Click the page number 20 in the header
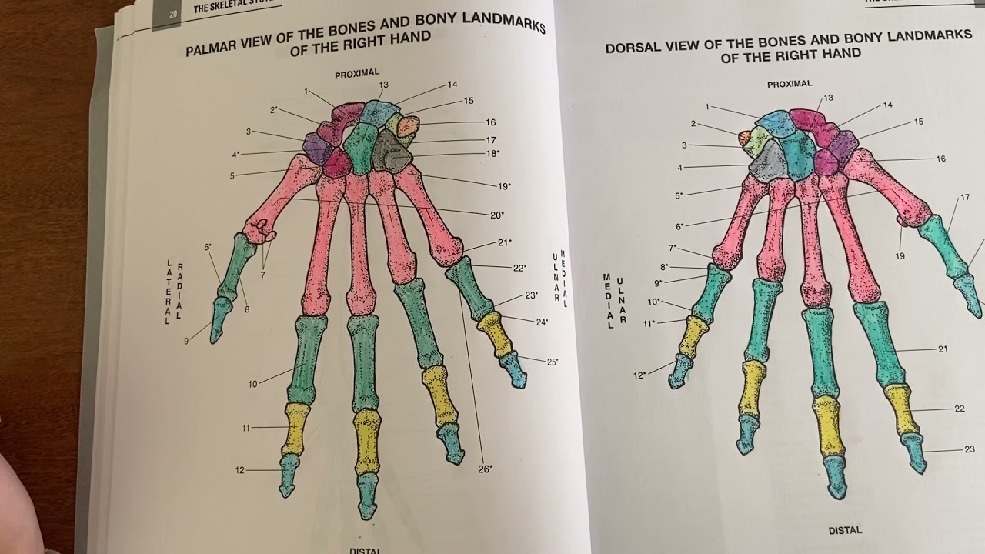coord(165,14)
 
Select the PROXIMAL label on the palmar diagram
coord(356,73)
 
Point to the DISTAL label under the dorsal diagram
coord(845,530)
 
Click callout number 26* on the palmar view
coord(485,468)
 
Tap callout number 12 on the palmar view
coord(240,469)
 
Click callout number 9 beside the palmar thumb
coord(185,341)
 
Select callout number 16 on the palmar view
coord(490,122)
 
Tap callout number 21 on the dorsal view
coord(943,349)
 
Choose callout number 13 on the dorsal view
coord(828,98)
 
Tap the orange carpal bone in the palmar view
coord(407,125)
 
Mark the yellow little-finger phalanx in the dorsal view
coord(694,336)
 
